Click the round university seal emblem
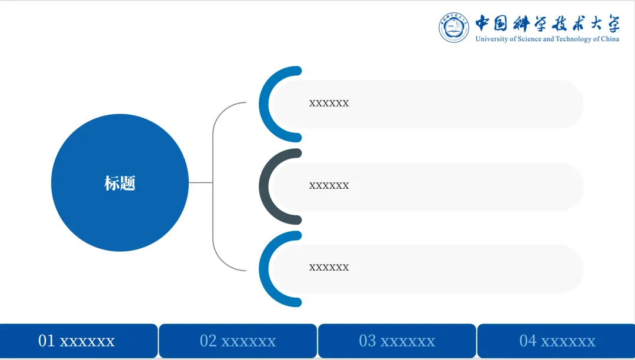pos(454,27)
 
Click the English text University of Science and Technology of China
pos(547,39)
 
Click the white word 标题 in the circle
pos(120,183)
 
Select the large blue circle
pos(120,147)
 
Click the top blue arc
pos(265,104)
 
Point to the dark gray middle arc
pos(265,186)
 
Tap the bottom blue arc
pos(265,268)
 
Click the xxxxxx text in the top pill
pos(329,104)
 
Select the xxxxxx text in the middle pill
pos(329,186)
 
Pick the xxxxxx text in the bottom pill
pos(329,268)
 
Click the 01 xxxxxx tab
pos(79,341)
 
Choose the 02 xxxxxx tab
pos(238,341)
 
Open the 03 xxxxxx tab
pos(397,341)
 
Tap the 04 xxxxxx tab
pos(557,341)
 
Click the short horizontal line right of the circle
pos(200,182)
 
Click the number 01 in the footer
pos(46,341)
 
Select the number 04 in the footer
pos(528,341)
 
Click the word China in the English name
pos(610,39)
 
